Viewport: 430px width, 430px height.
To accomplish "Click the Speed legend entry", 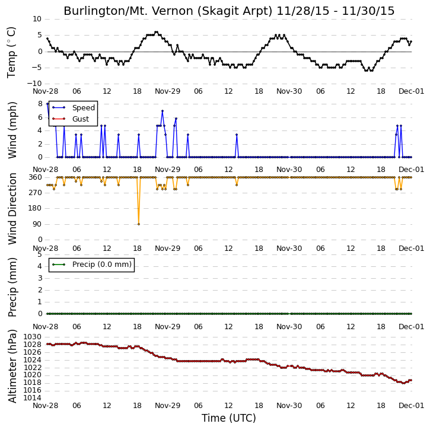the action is pos(74,108).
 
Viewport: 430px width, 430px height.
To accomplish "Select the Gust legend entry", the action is pos(71,119).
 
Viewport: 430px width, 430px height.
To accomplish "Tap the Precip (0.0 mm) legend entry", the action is pos(92,265).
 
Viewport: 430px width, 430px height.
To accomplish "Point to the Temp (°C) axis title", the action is pos(11,52).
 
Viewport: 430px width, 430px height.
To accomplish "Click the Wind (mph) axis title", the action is pos(12,130).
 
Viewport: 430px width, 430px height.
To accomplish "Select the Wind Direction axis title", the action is pos(12,209).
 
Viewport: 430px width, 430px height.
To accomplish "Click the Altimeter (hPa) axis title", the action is pos(12,366).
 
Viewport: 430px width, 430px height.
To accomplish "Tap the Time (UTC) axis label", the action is pos(229,418).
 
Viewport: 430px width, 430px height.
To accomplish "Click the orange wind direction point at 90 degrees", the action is pos(138,224).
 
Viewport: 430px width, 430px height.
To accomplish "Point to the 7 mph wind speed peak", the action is pos(163,111).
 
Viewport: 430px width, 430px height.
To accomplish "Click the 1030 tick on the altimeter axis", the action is pos(33,337).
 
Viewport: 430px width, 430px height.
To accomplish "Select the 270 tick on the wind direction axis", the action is pos(36,193).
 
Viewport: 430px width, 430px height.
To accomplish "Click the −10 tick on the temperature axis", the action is pos(34,84).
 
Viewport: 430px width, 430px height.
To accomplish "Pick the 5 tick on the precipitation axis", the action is pos(40,254).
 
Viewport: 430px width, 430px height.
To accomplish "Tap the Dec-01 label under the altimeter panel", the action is pos(412,406).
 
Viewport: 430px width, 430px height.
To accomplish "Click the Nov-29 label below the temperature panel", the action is pos(168,91).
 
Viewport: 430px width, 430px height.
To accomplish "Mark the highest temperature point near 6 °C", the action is pos(157,32).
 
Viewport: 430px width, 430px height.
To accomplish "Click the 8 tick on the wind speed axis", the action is pos(40,104).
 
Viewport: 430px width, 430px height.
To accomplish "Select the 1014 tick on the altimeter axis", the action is pos(33,398).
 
